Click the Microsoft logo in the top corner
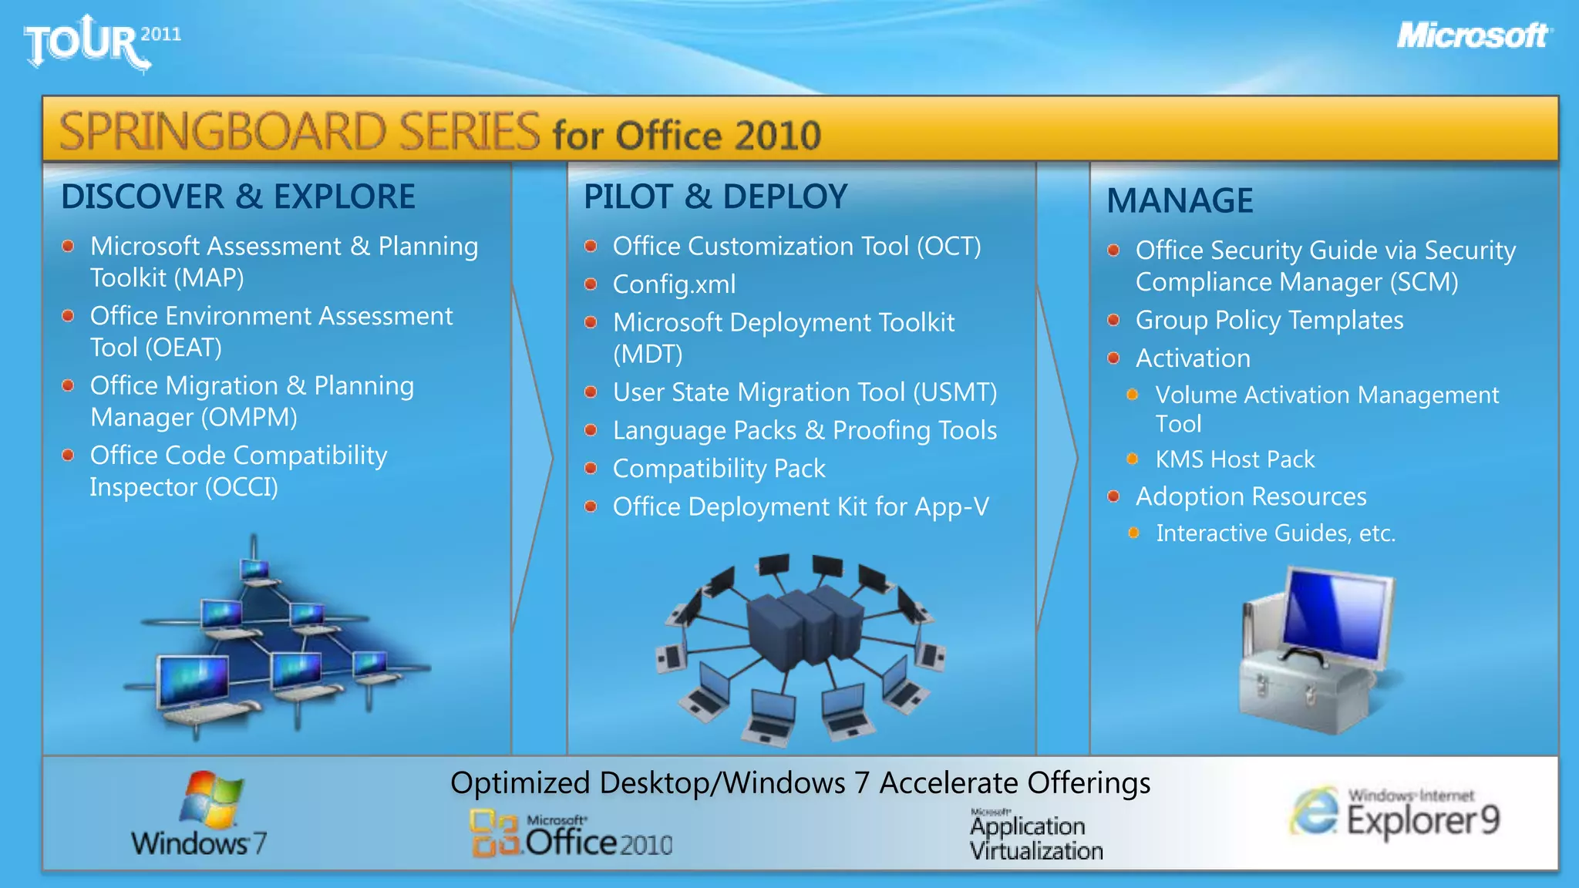[x=1473, y=35]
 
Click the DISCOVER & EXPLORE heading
[x=237, y=197]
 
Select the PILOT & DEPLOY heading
[x=715, y=197]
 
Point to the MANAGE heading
[x=1180, y=201]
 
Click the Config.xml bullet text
[x=674, y=284]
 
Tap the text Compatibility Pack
[x=719, y=469]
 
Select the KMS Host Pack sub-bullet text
[x=1234, y=459]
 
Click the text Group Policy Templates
[x=1269, y=320]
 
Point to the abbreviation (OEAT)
[x=183, y=348]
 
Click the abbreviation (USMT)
[x=954, y=392]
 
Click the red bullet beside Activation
[x=1113, y=358]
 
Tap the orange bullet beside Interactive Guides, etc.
[x=1133, y=533]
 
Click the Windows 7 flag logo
[x=210, y=799]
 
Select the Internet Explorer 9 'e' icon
[x=1314, y=812]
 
